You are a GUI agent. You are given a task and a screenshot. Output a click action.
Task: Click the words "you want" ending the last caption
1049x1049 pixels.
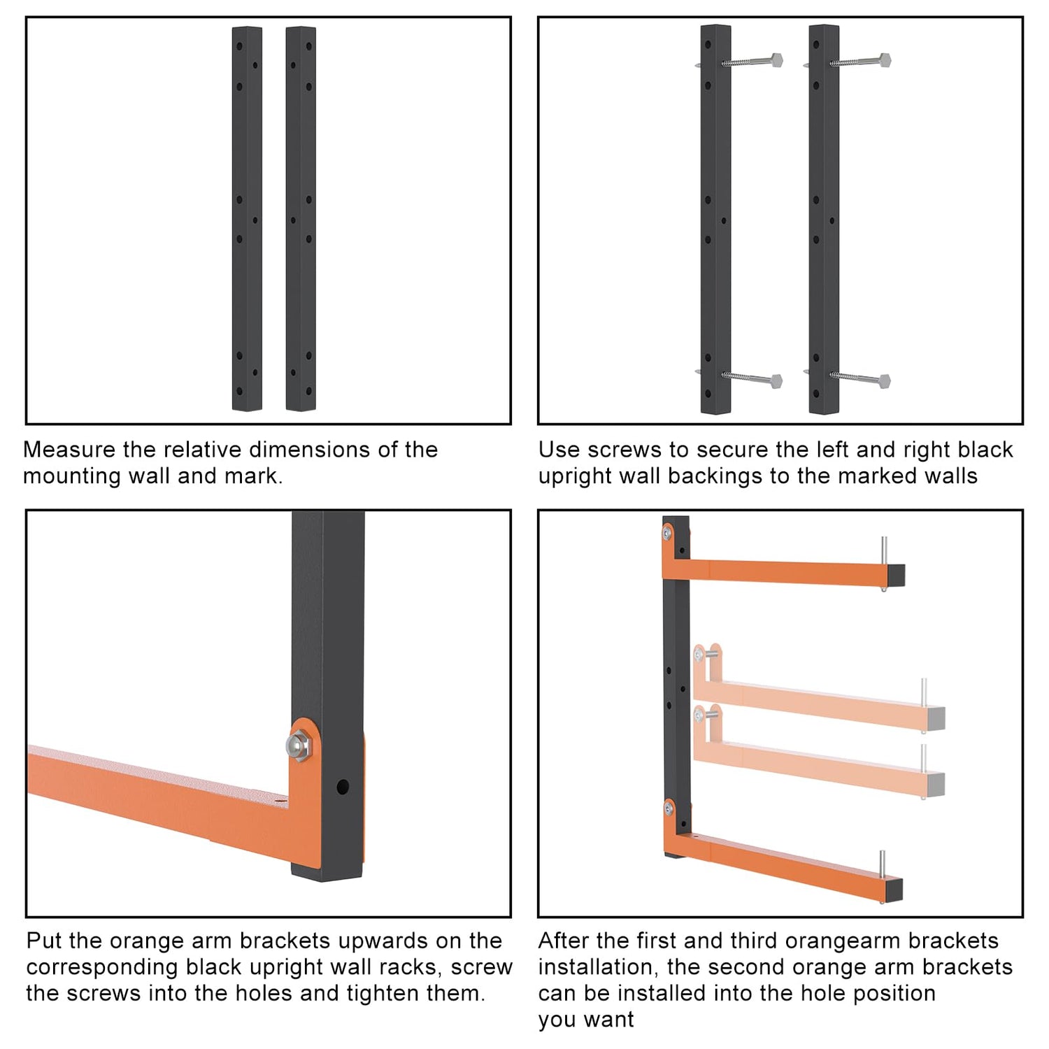[x=585, y=1020]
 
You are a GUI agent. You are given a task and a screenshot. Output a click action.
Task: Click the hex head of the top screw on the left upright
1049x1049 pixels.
[x=776, y=59]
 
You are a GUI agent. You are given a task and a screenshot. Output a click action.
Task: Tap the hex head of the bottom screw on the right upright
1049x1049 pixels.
[x=884, y=381]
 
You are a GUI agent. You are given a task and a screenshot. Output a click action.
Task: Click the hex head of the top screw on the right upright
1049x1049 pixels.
[x=884, y=59]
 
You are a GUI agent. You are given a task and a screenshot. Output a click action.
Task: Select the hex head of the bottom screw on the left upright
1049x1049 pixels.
[x=776, y=381]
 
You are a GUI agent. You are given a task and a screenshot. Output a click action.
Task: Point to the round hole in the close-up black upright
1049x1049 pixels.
[x=342, y=787]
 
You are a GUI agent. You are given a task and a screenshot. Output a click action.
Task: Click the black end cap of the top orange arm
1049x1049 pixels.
[x=897, y=576]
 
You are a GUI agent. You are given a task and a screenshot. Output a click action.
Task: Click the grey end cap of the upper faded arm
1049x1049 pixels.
[x=937, y=718]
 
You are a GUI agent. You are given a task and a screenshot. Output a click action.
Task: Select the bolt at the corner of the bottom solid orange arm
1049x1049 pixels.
[x=669, y=809]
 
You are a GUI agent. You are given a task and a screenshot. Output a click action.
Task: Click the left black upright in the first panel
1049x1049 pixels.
[x=247, y=219]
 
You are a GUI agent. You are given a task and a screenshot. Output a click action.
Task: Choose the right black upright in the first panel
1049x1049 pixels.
[x=301, y=219]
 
